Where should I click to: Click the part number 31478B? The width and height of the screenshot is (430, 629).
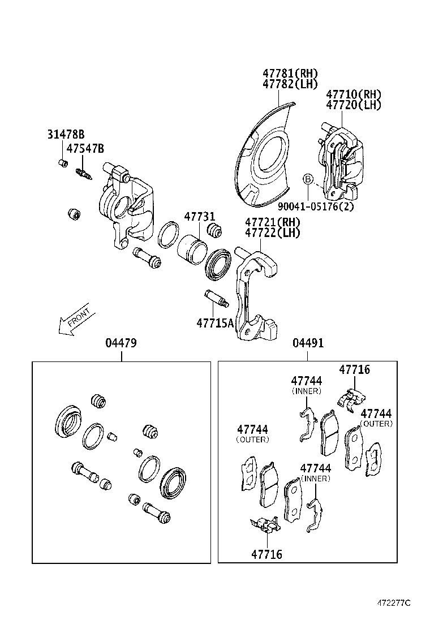coord(65,134)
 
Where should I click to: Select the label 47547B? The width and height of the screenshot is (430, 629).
coord(85,149)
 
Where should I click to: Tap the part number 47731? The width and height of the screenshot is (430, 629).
coord(199,217)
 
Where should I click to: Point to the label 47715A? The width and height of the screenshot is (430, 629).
coord(215,323)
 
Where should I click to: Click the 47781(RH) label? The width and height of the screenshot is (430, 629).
coord(290,74)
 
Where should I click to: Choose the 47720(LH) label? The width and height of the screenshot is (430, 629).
coord(354,105)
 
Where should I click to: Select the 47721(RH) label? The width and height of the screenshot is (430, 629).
coord(272,222)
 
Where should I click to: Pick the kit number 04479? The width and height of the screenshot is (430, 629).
coord(121,343)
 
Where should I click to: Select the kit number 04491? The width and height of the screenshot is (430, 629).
coord(308,343)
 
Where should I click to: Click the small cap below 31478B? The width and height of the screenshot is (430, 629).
coord(64,163)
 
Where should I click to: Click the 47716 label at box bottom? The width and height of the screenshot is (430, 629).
coord(266,554)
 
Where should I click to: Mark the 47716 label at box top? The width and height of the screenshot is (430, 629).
coord(354,369)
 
